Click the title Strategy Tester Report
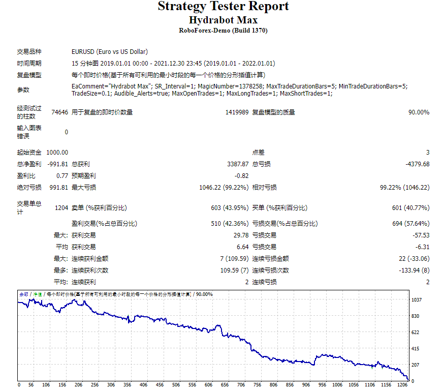[223, 7]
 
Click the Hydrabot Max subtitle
[223, 20]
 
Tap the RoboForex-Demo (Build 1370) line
[223, 31]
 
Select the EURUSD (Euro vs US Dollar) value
[110, 52]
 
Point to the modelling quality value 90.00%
[419, 112]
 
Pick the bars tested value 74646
[59, 112]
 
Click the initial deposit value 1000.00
[57, 153]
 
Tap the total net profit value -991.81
[57, 164]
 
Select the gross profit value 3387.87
[238, 164]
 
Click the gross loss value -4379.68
[417, 164]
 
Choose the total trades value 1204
[61, 208]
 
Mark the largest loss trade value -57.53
[421, 235]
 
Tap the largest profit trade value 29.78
[241, 235]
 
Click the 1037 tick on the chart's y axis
[417, 300]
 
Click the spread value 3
[428, 153]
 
